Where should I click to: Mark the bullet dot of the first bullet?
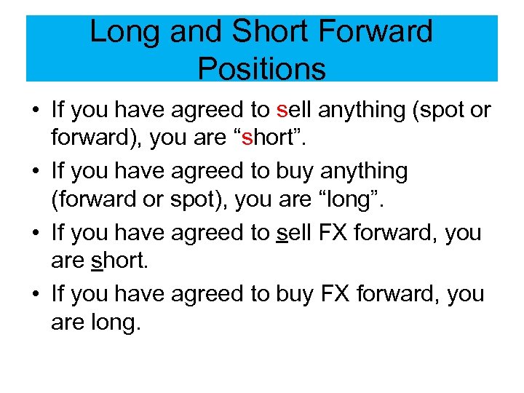coord(35,111)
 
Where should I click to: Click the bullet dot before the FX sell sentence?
coord(35,233)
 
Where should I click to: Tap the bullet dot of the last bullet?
coord(35,294)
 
